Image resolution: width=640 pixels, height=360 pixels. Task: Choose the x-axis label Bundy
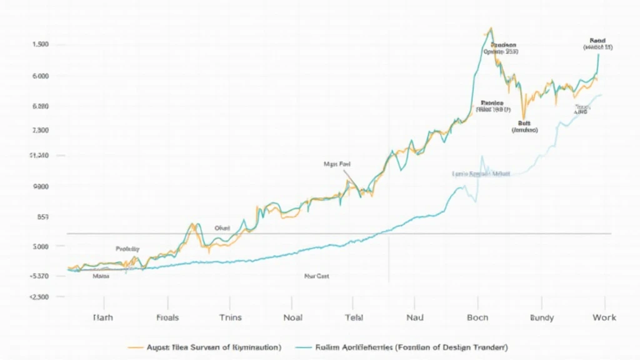coord(541,317)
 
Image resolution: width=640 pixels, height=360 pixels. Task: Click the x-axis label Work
coord(604,317)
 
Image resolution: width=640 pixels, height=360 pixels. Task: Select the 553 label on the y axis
coord(41,217)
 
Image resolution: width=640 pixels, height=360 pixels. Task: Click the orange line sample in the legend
coord(135,346)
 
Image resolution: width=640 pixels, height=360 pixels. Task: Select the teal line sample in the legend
coord(303,346)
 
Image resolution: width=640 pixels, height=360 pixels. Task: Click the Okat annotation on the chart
coord(222,228)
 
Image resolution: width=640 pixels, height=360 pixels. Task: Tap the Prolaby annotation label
coord(127,248)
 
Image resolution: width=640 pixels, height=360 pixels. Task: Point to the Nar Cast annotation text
coord(317,275)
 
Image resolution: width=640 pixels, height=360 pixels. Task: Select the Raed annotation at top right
coord(598,40)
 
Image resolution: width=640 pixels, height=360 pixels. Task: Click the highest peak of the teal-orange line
coord(491,28)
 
